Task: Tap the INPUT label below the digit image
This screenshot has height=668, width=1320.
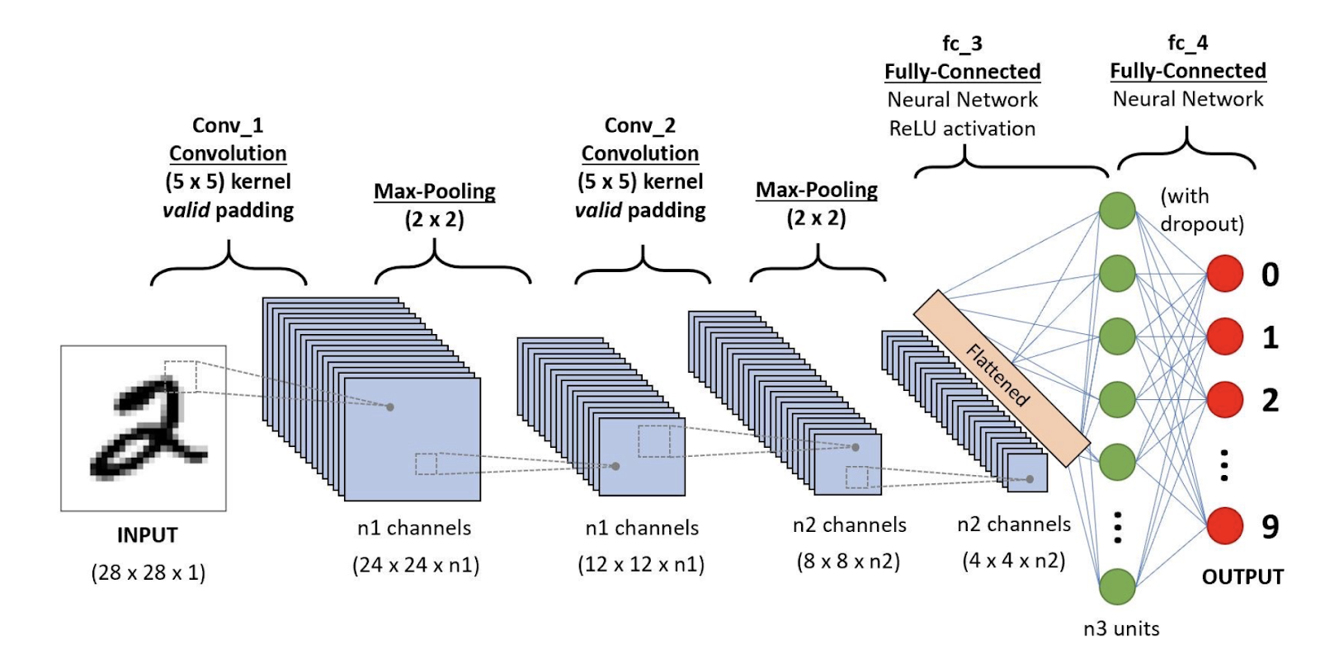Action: (x=147, y=535)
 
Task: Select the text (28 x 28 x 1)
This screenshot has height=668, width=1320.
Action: (x=148, y=572)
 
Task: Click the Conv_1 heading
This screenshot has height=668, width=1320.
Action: (x=228, y=125)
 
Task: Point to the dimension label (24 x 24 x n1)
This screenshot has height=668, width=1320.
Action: (x=416, y=565)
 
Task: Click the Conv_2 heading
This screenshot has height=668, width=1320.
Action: (x=640, y=125)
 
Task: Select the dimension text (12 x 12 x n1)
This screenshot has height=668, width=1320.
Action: (x=641, y=565)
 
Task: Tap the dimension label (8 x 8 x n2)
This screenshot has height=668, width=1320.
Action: (x=848, y=562)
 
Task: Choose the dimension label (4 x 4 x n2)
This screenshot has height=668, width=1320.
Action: (x=1014, y=561)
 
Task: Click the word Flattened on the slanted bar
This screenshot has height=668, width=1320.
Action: (x=998, y=376)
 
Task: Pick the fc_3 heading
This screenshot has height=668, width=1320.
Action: (x=962, y=43)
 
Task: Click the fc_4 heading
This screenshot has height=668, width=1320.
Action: (x=1188, y=42)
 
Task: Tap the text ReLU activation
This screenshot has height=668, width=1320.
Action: (x=962, y=129)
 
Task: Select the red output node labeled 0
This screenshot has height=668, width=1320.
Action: (x=1225, y=274)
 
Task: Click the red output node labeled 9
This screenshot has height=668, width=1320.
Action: (x=1225, y=526)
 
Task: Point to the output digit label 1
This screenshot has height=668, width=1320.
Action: (x=1270, y=337)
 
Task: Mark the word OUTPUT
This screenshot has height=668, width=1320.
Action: (x=1242, y=577)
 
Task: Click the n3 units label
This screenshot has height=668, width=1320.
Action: (x=1121, y=628)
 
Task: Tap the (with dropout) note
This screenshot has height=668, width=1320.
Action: (x=1201, y=210)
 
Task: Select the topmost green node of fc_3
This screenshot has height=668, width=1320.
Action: (x=1117, y=210)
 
